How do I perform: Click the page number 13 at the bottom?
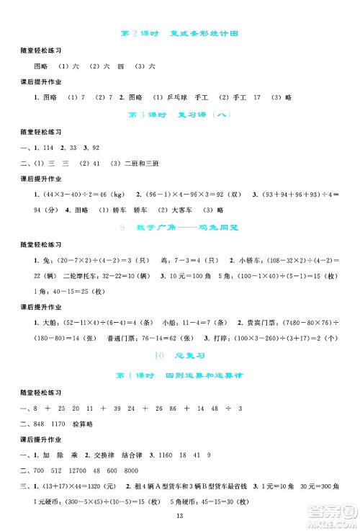pos(180,516)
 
